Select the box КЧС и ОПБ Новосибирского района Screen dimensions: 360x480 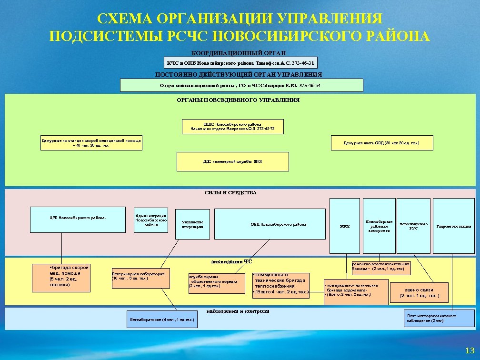click(241, 63)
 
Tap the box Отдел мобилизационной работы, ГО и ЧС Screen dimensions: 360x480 click(241, 85)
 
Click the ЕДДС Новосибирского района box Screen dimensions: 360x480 click(233, 126)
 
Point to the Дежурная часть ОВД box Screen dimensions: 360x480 click(382, 143)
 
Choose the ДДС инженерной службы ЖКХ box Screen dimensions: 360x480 click(232, 161)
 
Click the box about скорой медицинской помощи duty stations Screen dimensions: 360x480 click(91, 143)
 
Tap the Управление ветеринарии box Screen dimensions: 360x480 click(192, 224)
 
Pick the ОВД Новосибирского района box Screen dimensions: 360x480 click(279, 224)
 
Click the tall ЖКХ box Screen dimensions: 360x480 click(344, 226)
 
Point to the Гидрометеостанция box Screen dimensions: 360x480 click(454, 226)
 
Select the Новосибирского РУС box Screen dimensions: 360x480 click(413, 226)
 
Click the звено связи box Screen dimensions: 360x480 click(419, 292)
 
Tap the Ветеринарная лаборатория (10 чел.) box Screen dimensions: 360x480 click(140, 279)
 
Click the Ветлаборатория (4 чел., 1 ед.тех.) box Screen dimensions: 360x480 click(162, 319)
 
